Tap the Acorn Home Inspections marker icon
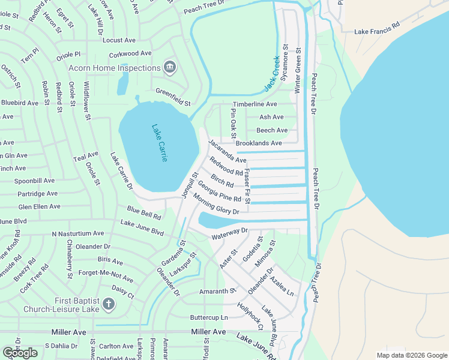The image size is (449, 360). tap(169, 68)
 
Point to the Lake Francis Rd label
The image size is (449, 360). tap(376, 32)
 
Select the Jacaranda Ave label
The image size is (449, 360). tap(227, 152)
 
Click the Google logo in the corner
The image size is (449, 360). tap(20, 352)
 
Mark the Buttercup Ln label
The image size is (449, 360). tap(209, 317)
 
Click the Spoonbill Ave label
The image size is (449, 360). tap(35, 181)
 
